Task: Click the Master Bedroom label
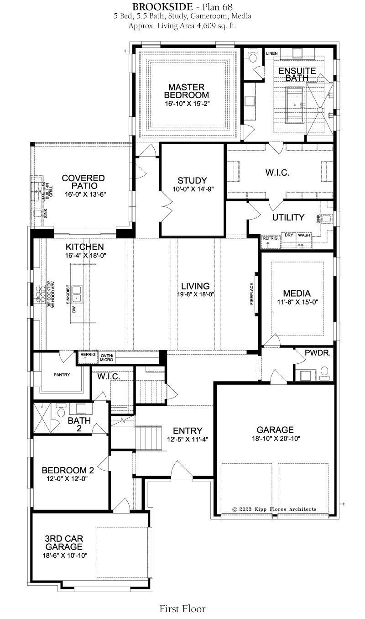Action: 186,91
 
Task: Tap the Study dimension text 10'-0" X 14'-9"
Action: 193,189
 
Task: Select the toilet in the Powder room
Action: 324,373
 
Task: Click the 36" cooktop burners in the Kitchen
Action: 40,294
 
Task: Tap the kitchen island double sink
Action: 77,294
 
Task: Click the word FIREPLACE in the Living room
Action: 251,294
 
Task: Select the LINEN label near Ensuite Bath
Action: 271,53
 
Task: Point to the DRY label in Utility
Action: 289,235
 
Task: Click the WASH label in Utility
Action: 304,235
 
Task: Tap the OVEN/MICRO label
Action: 107,357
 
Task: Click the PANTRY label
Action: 62,375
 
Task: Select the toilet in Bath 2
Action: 60,410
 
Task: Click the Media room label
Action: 297,293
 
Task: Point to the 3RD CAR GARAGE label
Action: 64,542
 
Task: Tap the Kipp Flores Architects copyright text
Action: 275,509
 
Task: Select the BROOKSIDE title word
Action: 162,7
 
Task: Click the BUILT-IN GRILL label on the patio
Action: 49,191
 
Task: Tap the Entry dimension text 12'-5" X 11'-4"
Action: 188,439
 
